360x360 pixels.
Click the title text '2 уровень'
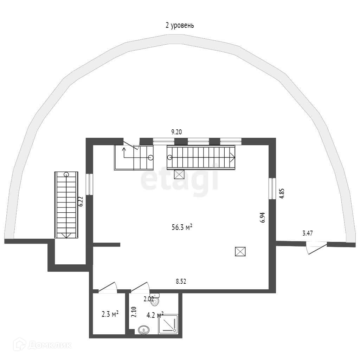(x=180, y=25)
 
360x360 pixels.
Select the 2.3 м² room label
(x=110, y=314)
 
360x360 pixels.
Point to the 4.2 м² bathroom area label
(x=155, y=315)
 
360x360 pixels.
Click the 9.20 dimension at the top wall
(x=176, y=132)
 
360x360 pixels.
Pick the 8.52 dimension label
(x=181, y=281)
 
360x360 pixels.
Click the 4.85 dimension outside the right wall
(x=282, y=194)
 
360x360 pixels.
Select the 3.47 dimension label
(x=308, y=232)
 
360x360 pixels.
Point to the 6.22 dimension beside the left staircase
(x=81, y=201)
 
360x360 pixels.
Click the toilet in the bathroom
(x=155, y=300)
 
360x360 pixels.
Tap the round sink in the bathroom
(x=143, y=330)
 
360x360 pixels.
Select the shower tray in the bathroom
(x=169, y=324)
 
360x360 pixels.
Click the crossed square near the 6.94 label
(x=240, y=252)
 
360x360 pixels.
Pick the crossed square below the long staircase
(x=179, y=174)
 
